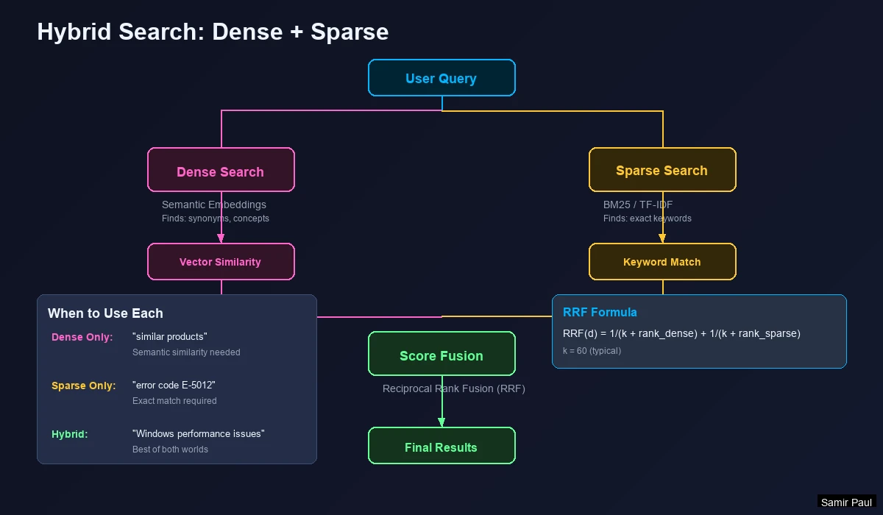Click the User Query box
pyautogui.click(x=441, y=78)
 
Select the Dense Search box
pyautogui.click(x=221, y=170)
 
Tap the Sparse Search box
pyautogui.click(x=662, y=170)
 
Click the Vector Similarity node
pyautogui.click(x=221, y=262)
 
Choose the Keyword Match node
pyautogui.click(x=662, y=262)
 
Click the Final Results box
pyautogui.click(x=441, y=446)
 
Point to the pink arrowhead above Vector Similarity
pyautogui.click(x=221, y=238)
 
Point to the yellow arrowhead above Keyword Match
pyautogui.click(x=662, y=238)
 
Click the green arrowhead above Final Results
pyautogui.click(x=441, y=422)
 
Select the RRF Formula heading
pyautogui.click(x=600, y=312)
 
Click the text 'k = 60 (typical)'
pyautogui.click(x=592, y=351)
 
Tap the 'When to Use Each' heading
pyautogui.click(x=105, y=313)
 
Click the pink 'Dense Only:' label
pyautogui.click(x=82, y=337)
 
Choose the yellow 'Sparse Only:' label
pyautogui.click(x=84, y=386)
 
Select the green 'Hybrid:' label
pyautogui.click(x=70, y=434)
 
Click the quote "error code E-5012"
pyautogui.click(x=174, y=386)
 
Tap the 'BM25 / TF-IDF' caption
pyautogui.click(x=638, y=205)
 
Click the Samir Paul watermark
pyautogui.click(x=846, y=502)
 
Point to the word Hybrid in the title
pyautogui.click(x=79, y=32)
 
